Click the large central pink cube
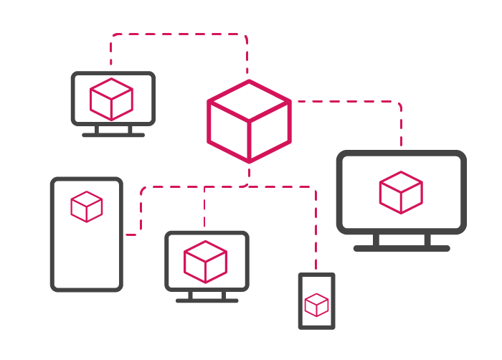249,120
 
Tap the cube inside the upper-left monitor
111,99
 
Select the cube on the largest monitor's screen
400,192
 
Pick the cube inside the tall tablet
87,207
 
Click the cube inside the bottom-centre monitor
205,262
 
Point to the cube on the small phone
316,305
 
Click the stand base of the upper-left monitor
113,134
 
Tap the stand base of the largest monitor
402,248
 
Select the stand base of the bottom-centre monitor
207,300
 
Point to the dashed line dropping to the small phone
316,229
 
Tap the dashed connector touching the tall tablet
132,234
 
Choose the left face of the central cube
228,131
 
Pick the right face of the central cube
270,131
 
